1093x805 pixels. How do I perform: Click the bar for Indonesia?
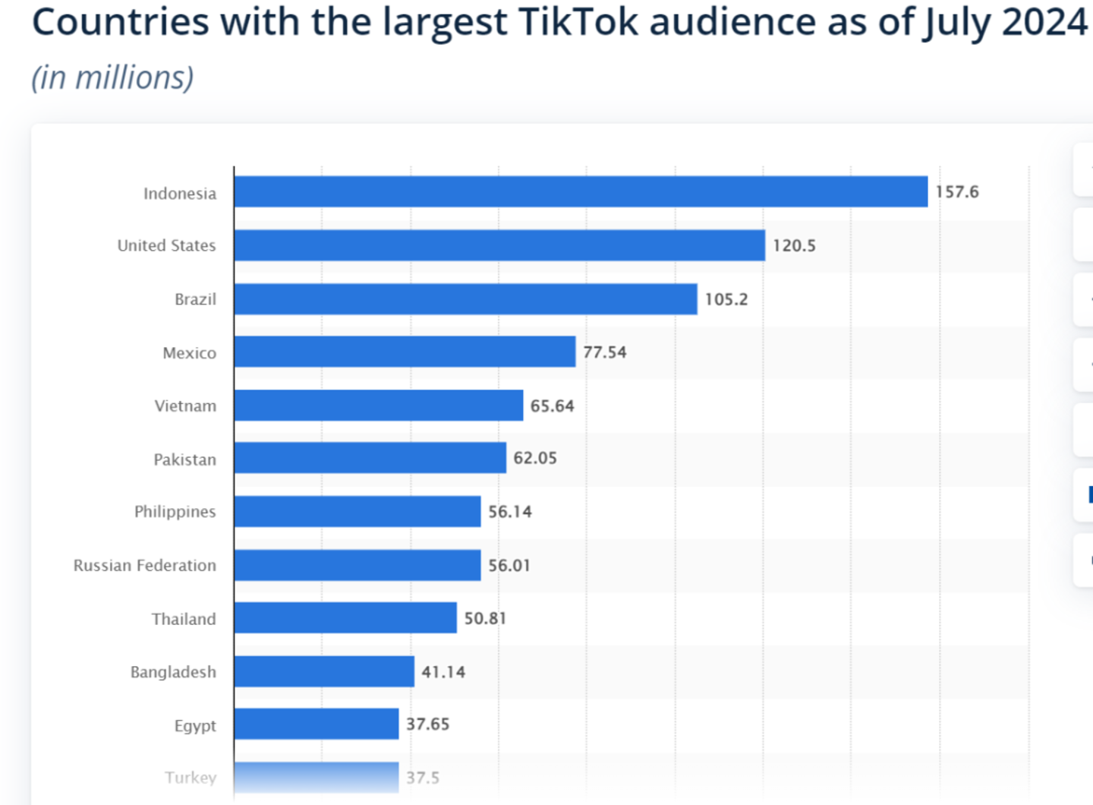tap(581, 191)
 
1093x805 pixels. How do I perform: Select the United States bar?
tap(499, 245)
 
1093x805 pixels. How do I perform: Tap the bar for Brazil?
tap(465, 299)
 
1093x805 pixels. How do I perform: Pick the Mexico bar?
tap(405, 352)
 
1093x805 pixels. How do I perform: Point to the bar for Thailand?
tap(345, 618)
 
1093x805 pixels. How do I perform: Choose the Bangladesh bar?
tap(324, 671)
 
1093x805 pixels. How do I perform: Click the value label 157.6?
tap(956, 191)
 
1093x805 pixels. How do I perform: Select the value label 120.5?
tap(794, 245)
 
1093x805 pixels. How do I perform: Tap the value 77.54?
tap(604, 352)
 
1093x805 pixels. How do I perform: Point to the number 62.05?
tap(535, 458)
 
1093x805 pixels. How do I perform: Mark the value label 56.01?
tap(509, 565)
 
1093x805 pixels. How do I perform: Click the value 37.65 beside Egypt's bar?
tap(427, 724)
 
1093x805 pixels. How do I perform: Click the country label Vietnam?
tap(185, 406)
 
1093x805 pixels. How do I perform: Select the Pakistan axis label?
tap(184, 459)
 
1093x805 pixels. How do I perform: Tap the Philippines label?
tap(175, 512)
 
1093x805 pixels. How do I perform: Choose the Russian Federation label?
tap(144, 565)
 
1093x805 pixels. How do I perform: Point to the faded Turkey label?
tap(191, 778)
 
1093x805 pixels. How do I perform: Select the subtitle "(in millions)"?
tap(112, 77)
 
